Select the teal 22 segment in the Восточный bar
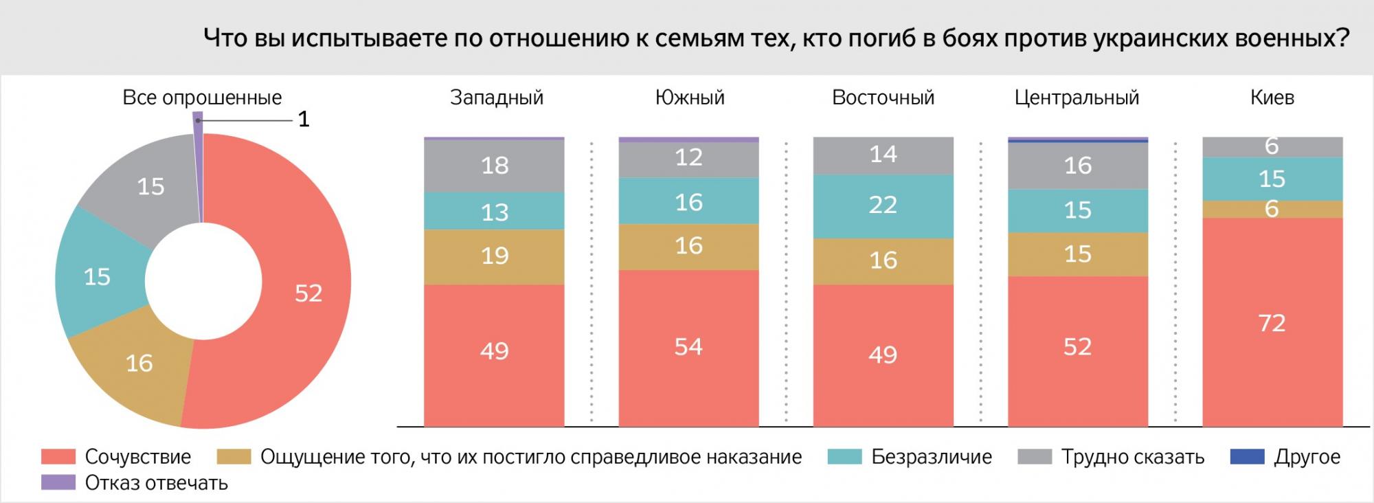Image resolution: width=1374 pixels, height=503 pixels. (x=883, y=205)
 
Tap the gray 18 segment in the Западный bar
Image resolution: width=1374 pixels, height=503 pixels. (x=494, y=166)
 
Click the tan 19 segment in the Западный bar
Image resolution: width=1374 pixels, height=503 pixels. (x=494, y=256)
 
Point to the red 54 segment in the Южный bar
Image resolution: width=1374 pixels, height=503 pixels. (x=688, y=347)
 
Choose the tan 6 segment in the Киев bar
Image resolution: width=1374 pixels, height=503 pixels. (x=1272, y=209)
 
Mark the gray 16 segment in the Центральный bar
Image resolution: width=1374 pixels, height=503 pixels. (x=1077, y=166)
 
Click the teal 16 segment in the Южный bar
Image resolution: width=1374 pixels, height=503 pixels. (x=688, y=201)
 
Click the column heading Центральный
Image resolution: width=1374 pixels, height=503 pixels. (x=1077, y=98)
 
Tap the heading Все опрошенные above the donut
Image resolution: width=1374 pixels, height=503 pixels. (x=202, y=98)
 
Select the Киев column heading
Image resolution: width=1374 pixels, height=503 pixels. (x=1272, y=98)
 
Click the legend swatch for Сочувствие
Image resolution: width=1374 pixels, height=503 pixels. (x=58, y=457)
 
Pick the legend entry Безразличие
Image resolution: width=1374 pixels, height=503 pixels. (x=931, y=457)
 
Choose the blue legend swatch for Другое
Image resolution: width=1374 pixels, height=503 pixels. (x=1246, y=457)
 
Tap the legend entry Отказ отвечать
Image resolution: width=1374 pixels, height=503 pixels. (x=156, y=483)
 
